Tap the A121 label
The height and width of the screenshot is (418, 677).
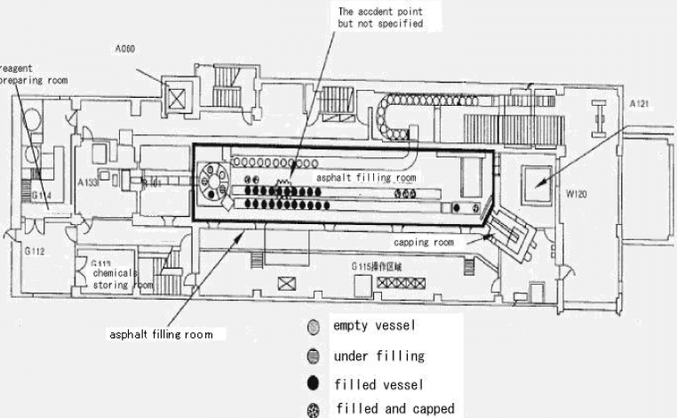pos(641,104)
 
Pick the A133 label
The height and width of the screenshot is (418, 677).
pos(87,182)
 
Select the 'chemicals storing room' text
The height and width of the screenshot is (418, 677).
pos(123,280)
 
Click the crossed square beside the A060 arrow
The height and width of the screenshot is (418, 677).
pos(180,98)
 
